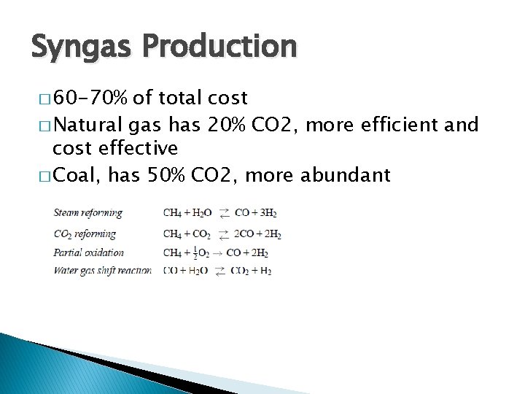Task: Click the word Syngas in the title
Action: pyautogui.click(x=79, y=47)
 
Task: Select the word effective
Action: pyautogui.click(x=138, y=149)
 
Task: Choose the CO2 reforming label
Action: pyautogui.click(x=85, y=234)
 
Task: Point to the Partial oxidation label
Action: pyautogui.click(x=89, y=253)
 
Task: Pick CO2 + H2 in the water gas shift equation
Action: pyautogui.click(x=252, y=271)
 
